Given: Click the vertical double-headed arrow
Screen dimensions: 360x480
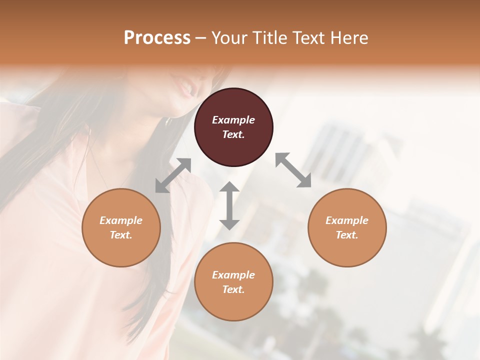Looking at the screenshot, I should tap(229, 205).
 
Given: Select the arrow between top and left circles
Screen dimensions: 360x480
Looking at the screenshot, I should tap(173, 175).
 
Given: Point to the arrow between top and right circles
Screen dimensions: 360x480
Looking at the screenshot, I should tap(293, 170).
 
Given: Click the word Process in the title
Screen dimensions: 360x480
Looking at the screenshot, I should tap(157, 38).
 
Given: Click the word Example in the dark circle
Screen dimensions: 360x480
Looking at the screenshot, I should tap(233, 120).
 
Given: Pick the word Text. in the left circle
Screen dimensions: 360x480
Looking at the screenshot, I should tap(121, 235).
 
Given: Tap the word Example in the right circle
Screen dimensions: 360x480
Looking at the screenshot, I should tap(347, 220).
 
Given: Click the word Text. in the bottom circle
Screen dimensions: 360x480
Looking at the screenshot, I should tap(233, 289).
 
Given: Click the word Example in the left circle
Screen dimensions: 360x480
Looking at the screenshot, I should tap(121, 220).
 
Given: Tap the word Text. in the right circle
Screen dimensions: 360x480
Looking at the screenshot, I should tap(347, 235).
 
